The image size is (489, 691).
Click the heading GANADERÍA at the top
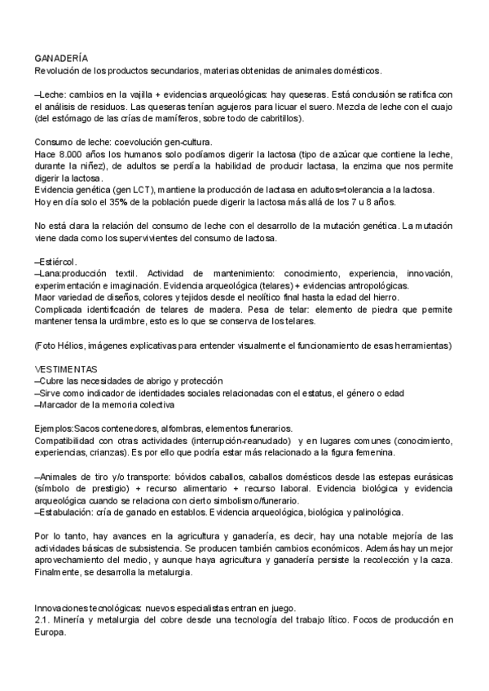(x=62, y=59)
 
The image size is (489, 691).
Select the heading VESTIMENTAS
(x=66, y=369)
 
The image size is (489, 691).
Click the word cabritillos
(x=275, y=119)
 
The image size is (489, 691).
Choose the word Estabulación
(x=64, y=512)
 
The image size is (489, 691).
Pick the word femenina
(x=372, y=452)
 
